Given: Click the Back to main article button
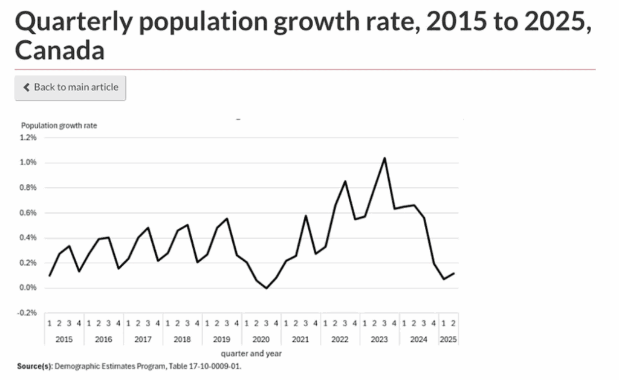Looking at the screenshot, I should (x=70, y=87).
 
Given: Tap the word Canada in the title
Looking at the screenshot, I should (x=59, y=51).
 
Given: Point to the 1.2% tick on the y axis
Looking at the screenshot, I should (x=28, y=137).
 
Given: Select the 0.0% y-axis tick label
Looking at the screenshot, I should (x=28, y=288).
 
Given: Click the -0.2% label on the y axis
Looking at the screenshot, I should (x=28, y=313).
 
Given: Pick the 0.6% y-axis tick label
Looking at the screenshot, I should (x=28, y=213).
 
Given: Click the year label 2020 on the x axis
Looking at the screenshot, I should (x=261, y=339).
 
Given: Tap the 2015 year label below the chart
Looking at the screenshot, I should (x=63, y=339).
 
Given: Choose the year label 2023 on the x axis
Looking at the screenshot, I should (x=379, y=339).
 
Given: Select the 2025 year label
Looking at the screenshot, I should (x=448, y=339).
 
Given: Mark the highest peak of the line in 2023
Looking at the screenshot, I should (x=384, y=158).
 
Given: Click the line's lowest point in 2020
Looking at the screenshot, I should (x=266, y=289).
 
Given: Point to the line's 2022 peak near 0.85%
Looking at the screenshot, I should (x=345, y=181).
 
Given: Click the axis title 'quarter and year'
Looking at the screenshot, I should (x=251, y=353).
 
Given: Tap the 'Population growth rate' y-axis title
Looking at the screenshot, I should (x=59, y=126).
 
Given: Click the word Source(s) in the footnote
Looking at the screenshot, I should (x=36, y=366).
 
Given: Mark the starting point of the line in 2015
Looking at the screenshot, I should (x=50, y=276).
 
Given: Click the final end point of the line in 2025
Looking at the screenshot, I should (x=453, y=273).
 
